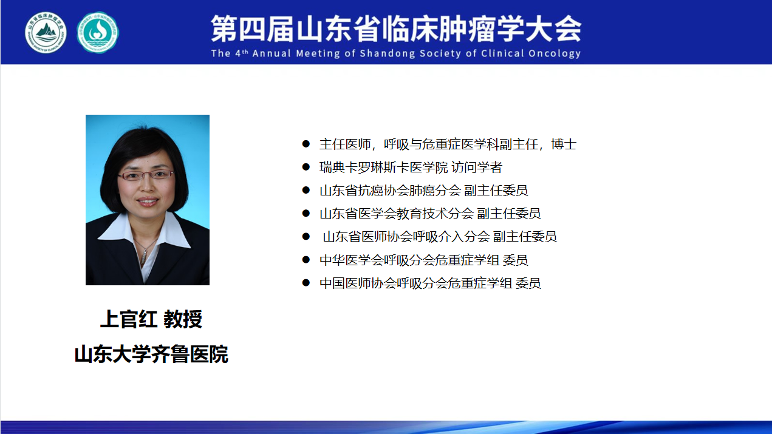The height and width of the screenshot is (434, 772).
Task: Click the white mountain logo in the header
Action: [46, 33]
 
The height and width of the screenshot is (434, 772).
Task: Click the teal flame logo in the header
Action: [98, 33]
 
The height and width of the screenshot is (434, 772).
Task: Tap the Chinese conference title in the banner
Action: [396, 29]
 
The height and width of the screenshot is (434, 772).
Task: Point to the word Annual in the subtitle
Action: [272, 53]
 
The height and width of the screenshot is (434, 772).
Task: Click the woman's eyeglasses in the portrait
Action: [146, 175]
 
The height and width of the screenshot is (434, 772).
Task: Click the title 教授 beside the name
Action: [183, 319]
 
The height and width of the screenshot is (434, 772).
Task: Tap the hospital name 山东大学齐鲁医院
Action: [151, 354]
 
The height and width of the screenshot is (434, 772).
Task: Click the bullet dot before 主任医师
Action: [306, 144]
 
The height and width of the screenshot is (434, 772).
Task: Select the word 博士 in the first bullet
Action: [564, 144]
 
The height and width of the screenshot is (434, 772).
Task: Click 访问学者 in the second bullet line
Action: [477, 168]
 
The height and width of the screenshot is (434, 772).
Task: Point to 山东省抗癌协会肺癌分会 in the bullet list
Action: [390, 191]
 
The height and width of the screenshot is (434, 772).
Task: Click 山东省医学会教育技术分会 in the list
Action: [397, 214]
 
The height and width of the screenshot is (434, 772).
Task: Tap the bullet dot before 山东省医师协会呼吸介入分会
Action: [306, 237]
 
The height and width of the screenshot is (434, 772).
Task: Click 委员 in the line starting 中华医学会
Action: [515, 260]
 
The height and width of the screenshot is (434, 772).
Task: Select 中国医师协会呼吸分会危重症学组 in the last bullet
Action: [416, 283]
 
